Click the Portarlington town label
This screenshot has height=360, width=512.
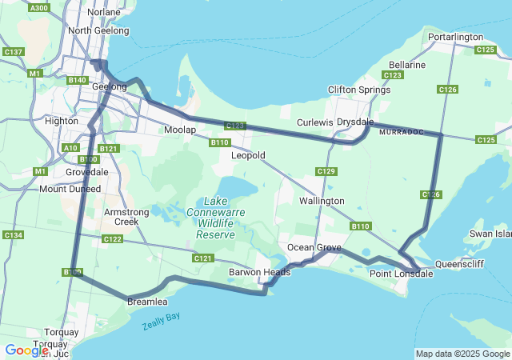tap(455, 37)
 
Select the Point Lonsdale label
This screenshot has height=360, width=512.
tap(401, 274)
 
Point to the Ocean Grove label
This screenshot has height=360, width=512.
tap(314, 247)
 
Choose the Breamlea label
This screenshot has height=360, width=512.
tap(147, 302)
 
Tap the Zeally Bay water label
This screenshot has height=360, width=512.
tap(162, 321)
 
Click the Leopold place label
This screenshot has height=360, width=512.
tap(248, 155)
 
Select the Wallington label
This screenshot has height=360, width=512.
tap(322, 201)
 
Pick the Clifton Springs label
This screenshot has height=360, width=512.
tap(358, 90)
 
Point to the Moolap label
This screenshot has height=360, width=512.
tap(179, 130)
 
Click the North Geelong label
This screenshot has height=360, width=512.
tap(98, 30)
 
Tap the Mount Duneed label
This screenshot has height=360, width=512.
tap(70, 189)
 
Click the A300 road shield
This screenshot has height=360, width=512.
tap(38, 7)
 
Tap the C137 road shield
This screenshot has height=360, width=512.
tap(13, 52)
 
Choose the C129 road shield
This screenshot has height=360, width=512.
tap(326, 172)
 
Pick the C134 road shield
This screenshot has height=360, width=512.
tap(13, 234)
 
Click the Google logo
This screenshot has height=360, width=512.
tap(26, 350)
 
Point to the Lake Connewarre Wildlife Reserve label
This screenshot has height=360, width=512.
tap(215, 218)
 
